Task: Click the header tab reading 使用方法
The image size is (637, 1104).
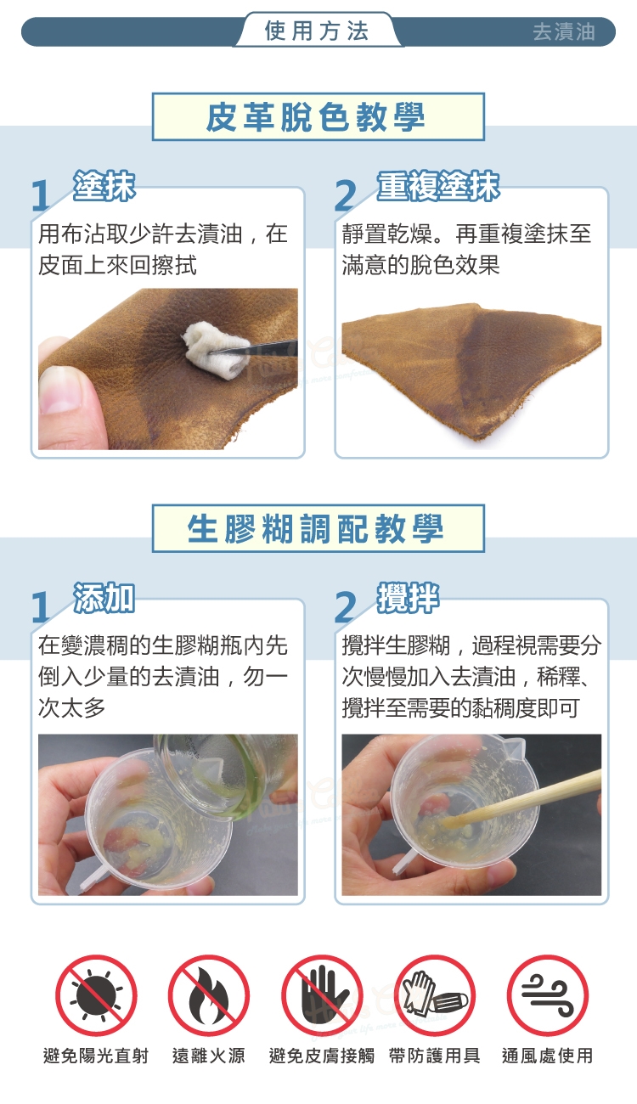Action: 317,31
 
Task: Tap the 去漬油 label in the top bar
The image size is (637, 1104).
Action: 564,32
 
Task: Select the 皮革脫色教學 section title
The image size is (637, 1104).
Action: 318,117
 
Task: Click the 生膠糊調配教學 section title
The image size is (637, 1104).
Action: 318,528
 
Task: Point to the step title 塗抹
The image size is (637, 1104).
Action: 104,186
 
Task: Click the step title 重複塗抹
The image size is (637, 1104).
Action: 438,186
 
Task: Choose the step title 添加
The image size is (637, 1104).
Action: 104,598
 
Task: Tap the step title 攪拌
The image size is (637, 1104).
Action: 408,598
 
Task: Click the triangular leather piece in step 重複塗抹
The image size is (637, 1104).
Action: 471,367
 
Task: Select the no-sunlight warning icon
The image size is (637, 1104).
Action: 96,995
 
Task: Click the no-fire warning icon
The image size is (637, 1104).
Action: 209,995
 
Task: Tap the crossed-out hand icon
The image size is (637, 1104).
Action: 322,995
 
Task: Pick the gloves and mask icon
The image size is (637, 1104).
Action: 435,995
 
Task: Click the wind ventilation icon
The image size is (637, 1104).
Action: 548,995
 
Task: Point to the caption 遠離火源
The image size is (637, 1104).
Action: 209,1056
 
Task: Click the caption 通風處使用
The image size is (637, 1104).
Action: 547,1056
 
